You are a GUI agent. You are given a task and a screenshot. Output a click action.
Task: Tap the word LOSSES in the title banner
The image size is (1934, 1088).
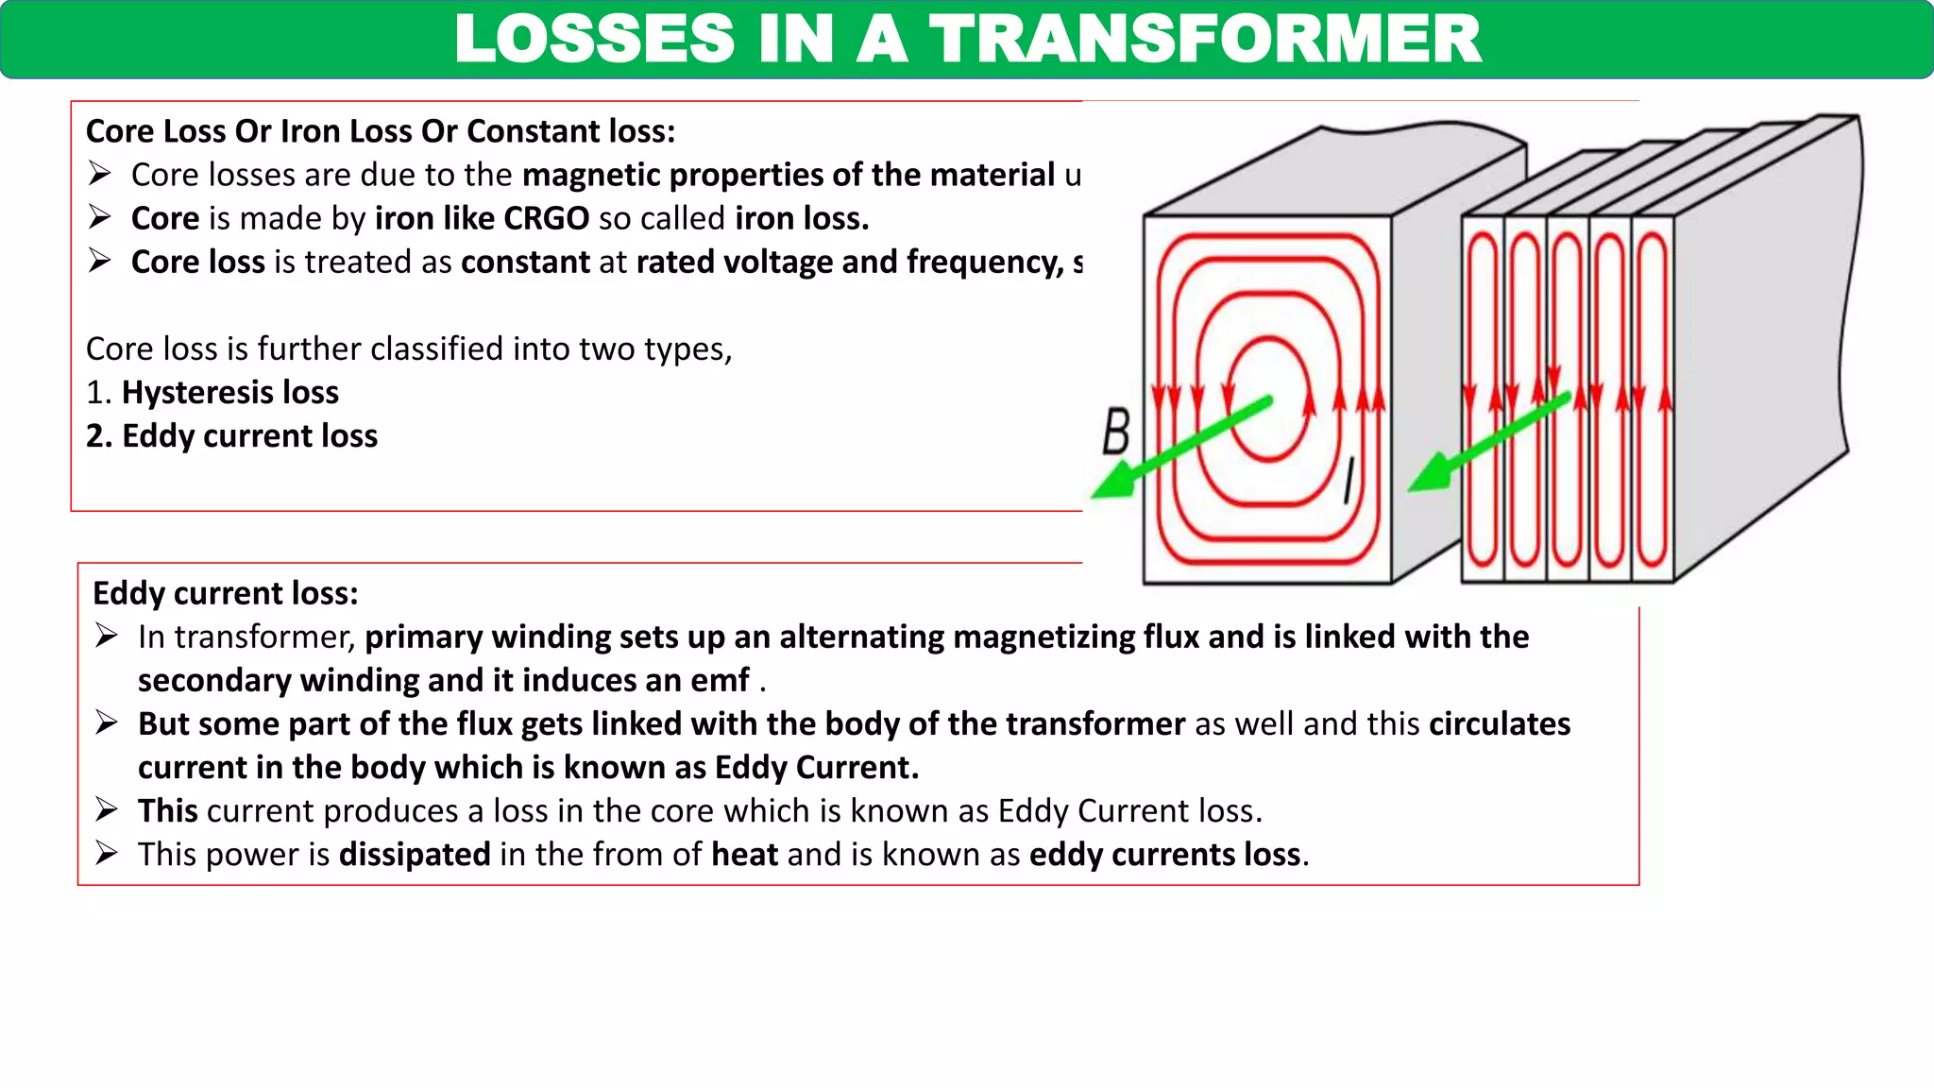594,40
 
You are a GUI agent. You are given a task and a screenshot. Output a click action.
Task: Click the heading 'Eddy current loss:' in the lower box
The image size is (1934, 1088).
226,593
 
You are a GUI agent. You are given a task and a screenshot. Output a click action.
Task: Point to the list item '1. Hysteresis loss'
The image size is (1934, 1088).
212,392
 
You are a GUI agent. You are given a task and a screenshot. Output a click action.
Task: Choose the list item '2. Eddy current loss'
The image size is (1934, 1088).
231,435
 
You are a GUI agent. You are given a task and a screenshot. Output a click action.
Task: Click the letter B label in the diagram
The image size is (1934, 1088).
1116,432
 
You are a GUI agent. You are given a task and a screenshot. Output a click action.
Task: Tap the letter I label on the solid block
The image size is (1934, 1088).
1350,479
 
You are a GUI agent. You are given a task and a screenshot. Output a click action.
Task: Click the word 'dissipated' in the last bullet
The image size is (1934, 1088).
415,854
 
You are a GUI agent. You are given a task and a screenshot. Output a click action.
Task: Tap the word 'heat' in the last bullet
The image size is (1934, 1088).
744,854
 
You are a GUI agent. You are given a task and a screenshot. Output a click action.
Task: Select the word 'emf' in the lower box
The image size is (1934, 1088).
720,680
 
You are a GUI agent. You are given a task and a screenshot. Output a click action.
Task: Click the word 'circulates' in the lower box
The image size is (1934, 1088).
1500,723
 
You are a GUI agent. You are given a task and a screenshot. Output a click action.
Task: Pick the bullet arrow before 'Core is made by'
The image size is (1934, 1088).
100,217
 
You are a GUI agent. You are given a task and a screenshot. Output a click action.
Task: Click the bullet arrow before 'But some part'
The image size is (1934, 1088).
106,722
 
